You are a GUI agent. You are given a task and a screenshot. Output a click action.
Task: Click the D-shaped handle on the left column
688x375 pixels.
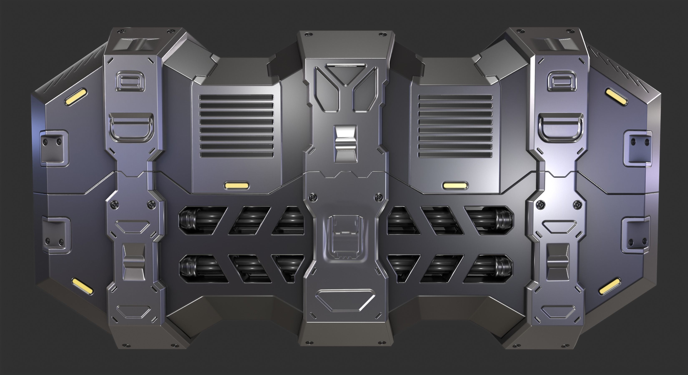point(131,127)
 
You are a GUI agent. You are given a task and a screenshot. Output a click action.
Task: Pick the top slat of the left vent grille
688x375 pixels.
point(237,98)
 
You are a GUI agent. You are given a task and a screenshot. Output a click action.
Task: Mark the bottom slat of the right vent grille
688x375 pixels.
point(455,155)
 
